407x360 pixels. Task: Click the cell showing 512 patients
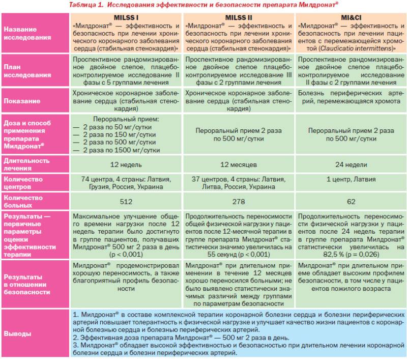(x=126, y=201)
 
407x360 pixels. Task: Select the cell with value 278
(x=239, y=201)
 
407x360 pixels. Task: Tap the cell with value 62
(x=351, y=201)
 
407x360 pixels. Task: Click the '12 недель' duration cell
(x=126, y=164)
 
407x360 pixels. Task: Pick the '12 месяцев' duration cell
(x=239, y=164)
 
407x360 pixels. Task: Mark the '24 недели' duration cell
(x=351, y=164)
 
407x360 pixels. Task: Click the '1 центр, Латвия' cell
(x=351, y=179)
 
